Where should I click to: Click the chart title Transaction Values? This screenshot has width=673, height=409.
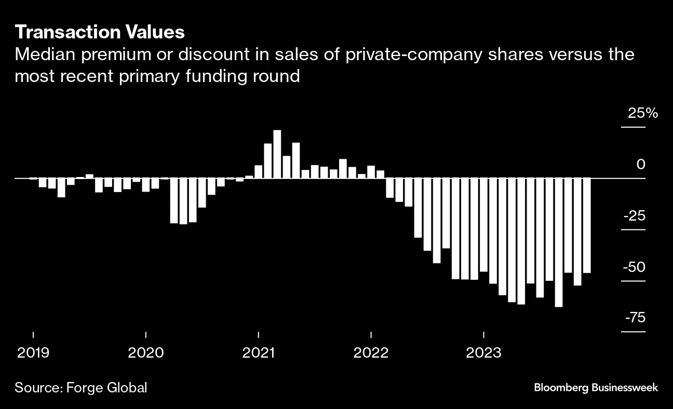pyautogui.click(x=100, y=32)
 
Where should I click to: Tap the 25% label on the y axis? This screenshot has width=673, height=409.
pyautogui.click(x=642, y=113)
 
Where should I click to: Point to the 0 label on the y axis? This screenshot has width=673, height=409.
pyautogui.click(x=640, y=165)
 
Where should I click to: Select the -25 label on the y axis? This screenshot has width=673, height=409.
pyautogui.click(x=635, y=215)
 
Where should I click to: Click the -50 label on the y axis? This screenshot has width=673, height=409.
pyautogui.click(x=635, y=267)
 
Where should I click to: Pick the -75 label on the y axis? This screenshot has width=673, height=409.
pyautogui.click(x=635, y=318)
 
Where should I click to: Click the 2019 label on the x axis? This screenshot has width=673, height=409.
pyautogui.click(x=33, y=353)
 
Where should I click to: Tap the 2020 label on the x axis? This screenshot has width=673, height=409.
pyautogui.click(x=146, y=353)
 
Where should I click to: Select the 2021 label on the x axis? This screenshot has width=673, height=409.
pyautogui.click(x=259, y=353)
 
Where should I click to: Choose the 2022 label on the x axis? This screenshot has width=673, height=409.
pyautogui.click(x=371, y=353)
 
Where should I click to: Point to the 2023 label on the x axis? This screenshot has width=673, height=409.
pyautogui.click(x=483, y=353)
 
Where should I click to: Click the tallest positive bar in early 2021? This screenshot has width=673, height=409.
pyautogui.click(x=277, y=154)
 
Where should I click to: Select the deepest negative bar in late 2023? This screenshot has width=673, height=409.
pyautogui.click(x=559, y=242)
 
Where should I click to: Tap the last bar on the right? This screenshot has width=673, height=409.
pyautogui.click(x=587, y=225)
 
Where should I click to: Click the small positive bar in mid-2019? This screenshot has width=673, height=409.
pyautogui.click(x=89, y=176)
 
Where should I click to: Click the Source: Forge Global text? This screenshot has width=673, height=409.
pyautogui.click(x=81, y=387)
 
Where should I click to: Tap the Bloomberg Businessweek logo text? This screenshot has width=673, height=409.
pyautogui.click(x=596, y=387)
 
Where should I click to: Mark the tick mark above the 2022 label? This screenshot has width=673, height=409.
pyautogui.click(x=371, y=334)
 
